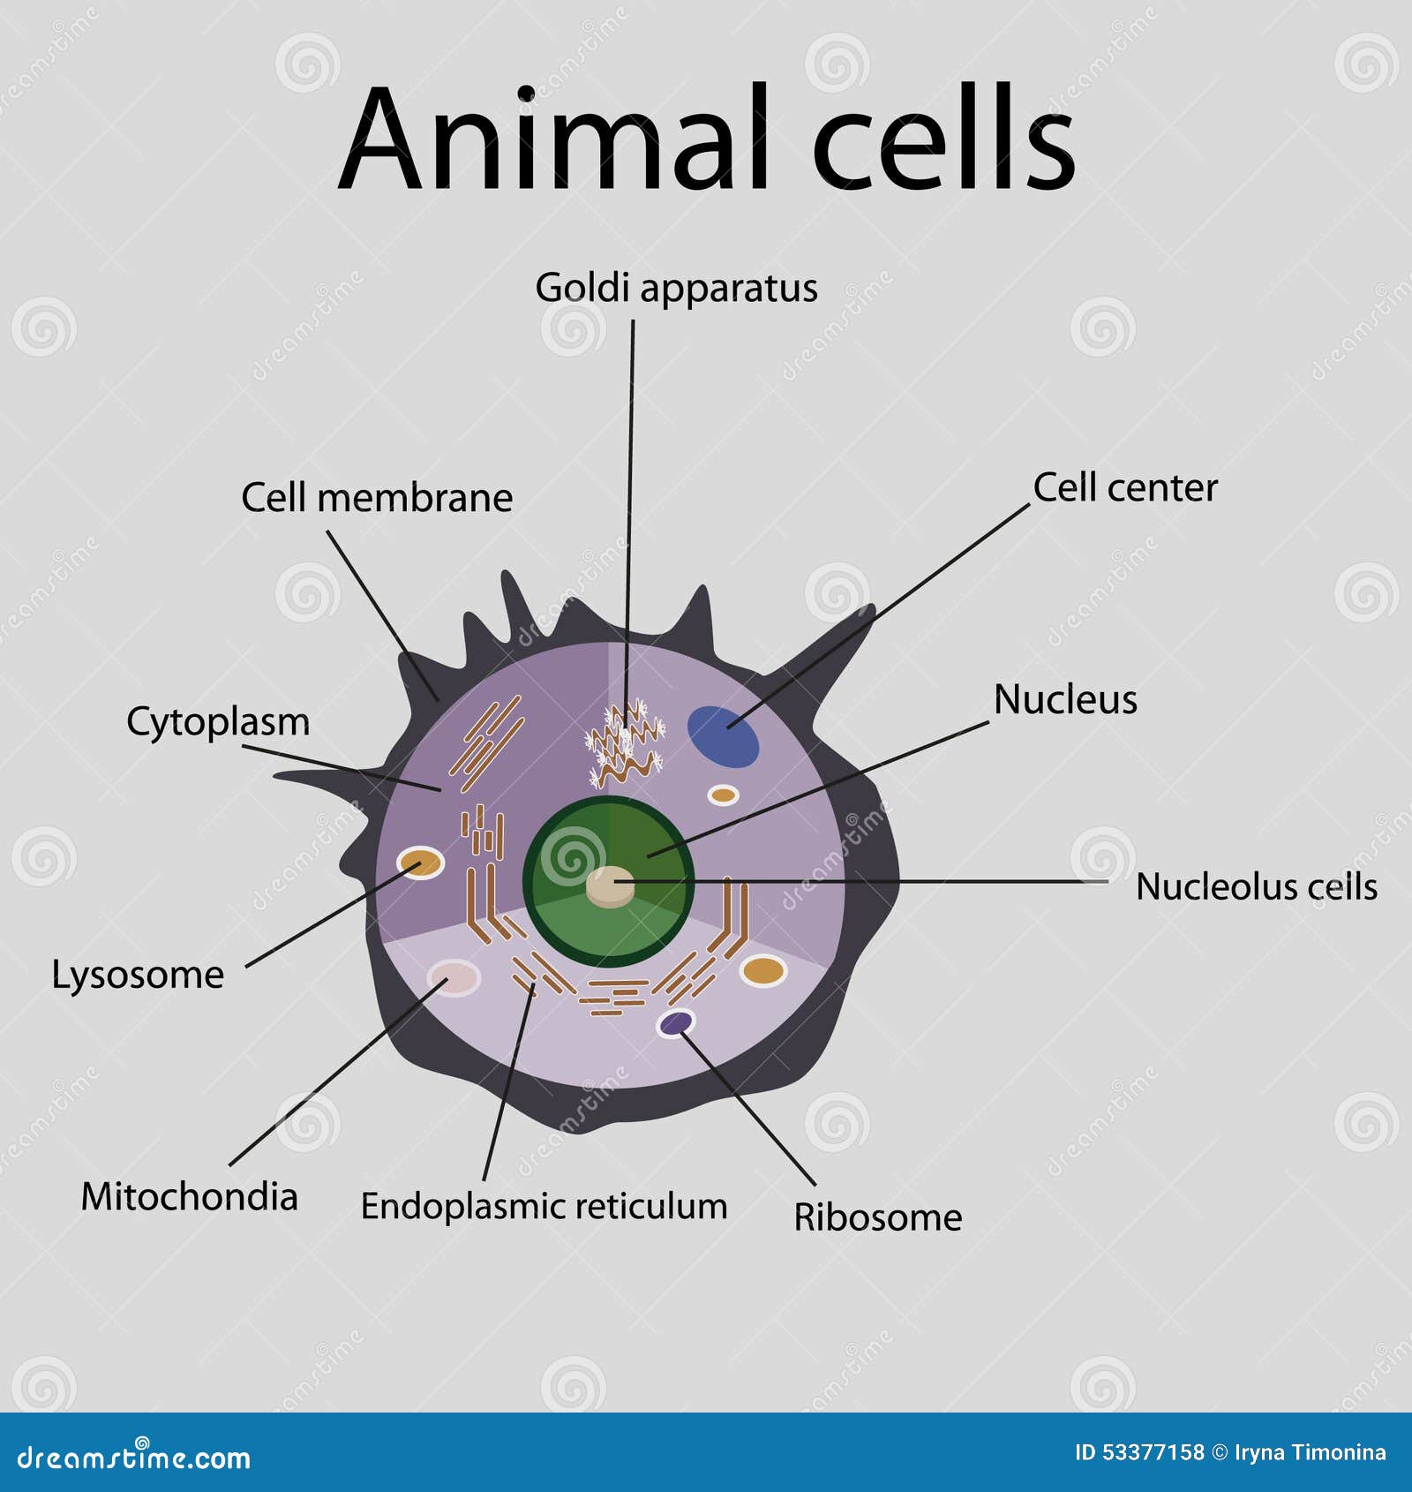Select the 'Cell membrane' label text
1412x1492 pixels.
coord(377,498)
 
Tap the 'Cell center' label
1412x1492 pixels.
coord(1125,487)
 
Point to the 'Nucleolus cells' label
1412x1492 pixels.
coord(1257,886)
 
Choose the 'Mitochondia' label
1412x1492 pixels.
coord(189,1197)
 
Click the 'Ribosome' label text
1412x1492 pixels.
coord(878,1217)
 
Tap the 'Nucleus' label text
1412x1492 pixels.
coord(1065,699)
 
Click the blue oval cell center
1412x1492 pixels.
coord(723,736)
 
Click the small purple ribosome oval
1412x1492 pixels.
coord(676,1023)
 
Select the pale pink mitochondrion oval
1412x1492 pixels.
coord(454,978)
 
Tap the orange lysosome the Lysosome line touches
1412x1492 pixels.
coord(420,863)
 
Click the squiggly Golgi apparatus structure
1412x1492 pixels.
coord(625,743)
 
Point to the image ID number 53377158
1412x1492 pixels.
coord(1154,1452)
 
